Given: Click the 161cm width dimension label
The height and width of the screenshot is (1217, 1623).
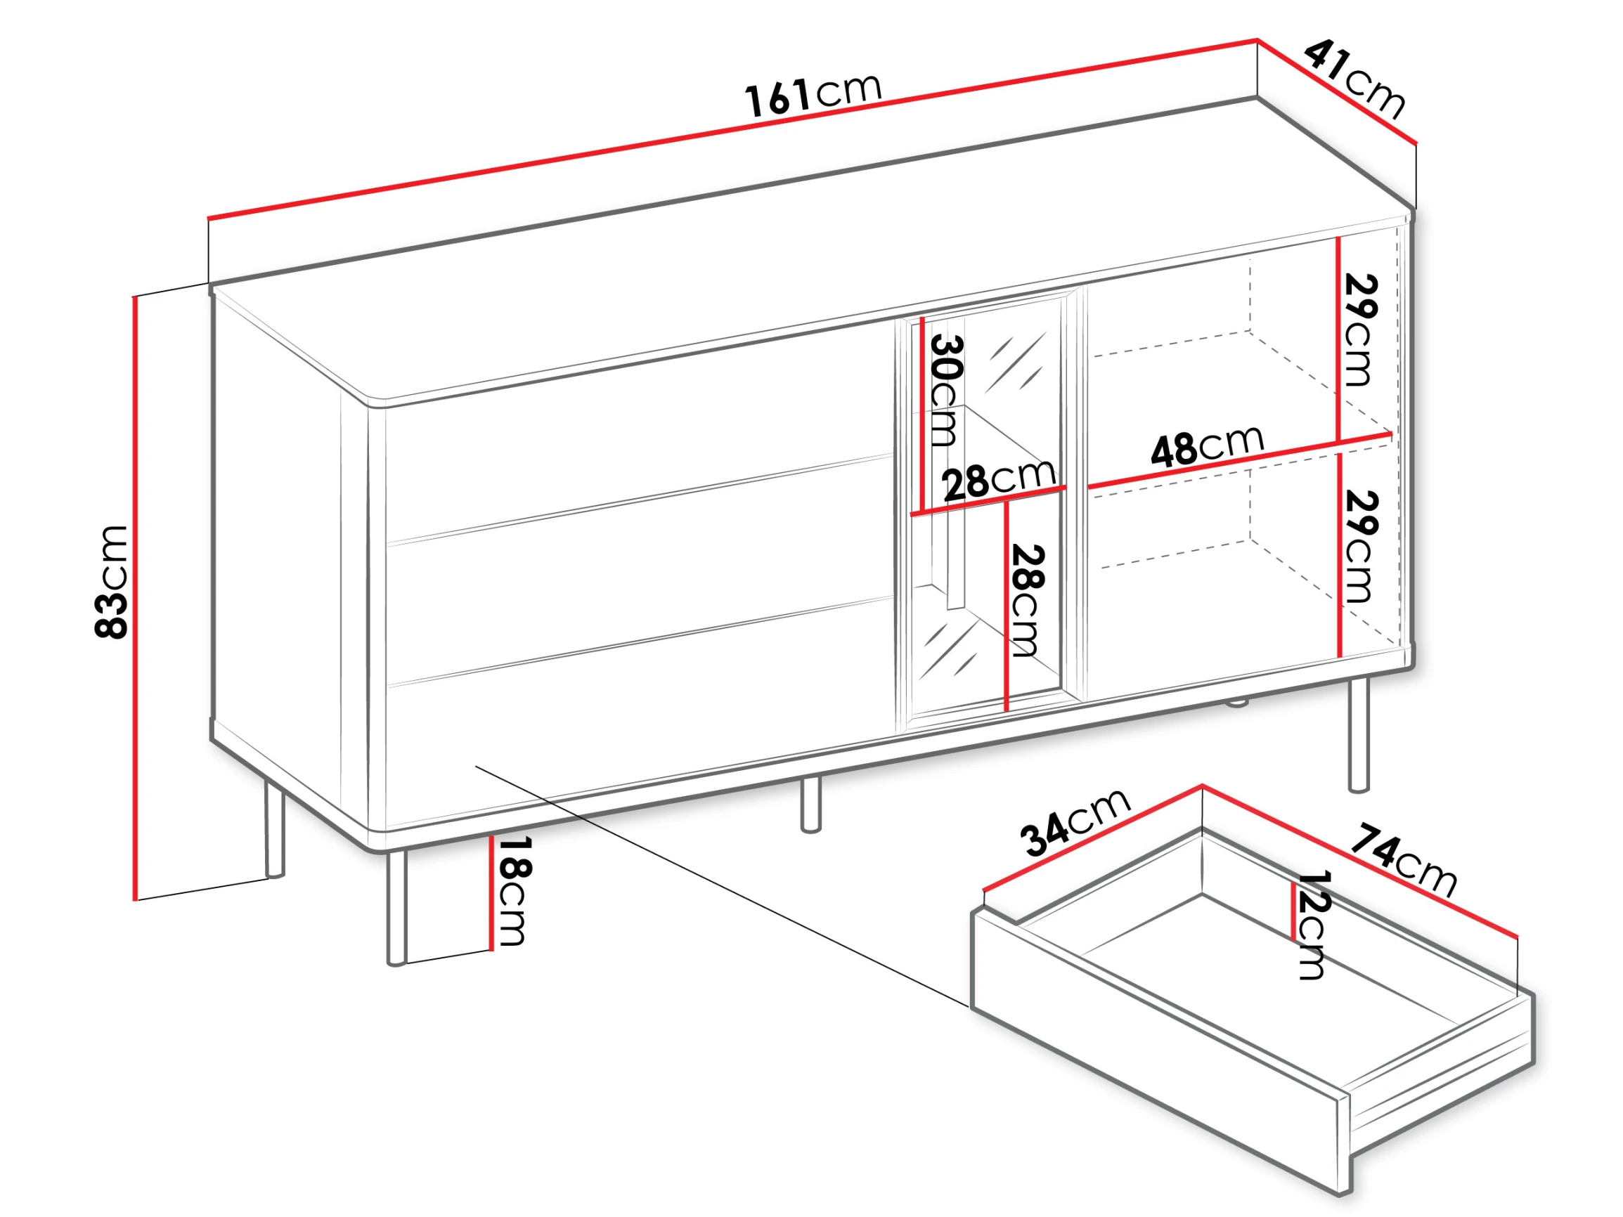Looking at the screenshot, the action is click(x=813, y=94).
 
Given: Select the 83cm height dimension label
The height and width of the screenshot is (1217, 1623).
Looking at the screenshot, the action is click(x=112, y=582).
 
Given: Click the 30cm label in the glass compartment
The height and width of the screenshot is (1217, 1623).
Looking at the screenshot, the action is click(x=944, y=391).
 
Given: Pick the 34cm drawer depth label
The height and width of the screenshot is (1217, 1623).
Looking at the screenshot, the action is click(x=1075, y=821).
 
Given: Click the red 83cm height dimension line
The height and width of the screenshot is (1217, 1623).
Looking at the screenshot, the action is click(x=135, y=598).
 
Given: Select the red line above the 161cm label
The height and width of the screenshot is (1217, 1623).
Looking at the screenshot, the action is click(x=733, y=129).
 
